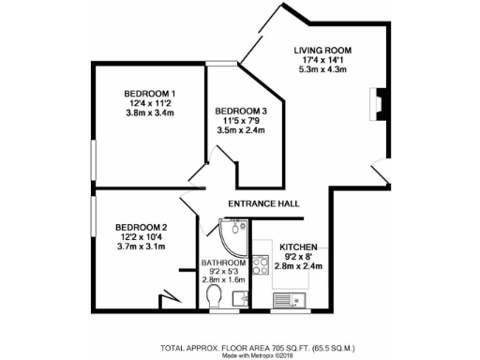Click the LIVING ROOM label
point(322,49)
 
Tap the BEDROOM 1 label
point(151,93)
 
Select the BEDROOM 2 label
point(142,227)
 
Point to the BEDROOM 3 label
point(241,112)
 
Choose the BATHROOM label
point(223,263)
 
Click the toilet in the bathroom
point(215,298)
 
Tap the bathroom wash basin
point(240,298)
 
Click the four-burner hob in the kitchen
point(262,265)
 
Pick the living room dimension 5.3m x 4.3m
point(322,69)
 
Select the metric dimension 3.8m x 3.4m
point(151,113)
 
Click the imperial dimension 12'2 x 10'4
point(142,237)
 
